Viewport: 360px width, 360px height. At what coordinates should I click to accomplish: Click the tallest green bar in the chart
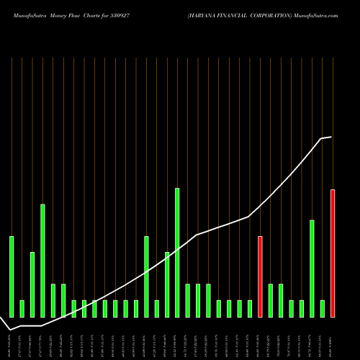[177, 252]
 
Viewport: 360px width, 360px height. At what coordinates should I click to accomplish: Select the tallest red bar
[333, 253]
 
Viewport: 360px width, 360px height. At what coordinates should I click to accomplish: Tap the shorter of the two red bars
[260, 276]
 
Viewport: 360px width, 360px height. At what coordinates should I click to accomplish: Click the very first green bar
[12, 276]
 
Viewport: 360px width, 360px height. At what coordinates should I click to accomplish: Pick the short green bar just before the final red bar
[323, 308]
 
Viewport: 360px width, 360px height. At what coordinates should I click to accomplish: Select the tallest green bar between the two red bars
[312, 268]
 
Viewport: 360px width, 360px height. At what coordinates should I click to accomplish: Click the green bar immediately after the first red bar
[271, 300]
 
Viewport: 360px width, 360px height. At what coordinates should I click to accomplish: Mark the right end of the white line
[331, 137]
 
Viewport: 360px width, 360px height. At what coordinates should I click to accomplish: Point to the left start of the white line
[10, 328]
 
